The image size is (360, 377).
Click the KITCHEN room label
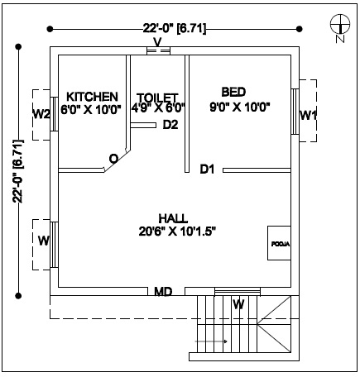(92, 97)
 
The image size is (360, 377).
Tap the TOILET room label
(157, 98)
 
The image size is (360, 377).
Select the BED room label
(233, 92)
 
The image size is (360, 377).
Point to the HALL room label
(173, 218)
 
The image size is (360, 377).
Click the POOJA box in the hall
(279, 243)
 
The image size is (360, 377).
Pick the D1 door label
(207, 169)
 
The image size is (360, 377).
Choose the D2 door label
(170, 125)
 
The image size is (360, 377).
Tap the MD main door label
(163, 292)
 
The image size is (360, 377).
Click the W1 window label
(308, 115)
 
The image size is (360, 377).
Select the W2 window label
(41, 114)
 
